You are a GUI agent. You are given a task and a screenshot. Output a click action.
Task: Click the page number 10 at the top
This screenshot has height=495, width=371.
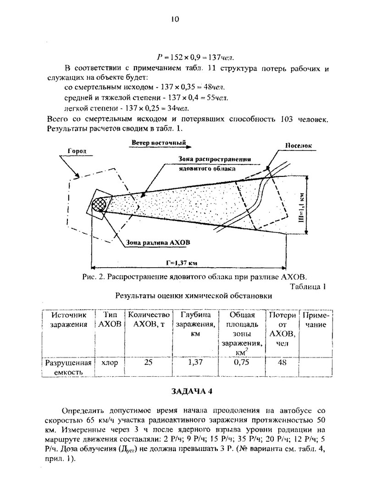[174, 19]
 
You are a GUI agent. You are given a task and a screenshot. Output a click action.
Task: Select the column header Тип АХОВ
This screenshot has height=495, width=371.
[110, 320]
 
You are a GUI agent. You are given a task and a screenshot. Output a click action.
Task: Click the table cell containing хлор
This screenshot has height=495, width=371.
[110, 363]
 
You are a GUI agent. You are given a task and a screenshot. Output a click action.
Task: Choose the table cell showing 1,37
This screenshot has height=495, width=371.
[195, 363]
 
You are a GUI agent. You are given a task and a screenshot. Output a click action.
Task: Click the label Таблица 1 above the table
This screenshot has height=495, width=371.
[308, 287]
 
